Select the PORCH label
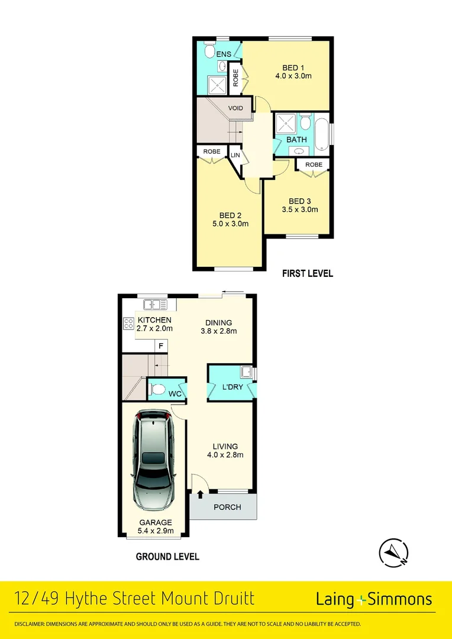227,507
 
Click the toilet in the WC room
158,390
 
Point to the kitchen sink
156,305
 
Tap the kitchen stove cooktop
128,324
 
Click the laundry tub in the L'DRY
246,372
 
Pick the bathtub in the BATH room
321,135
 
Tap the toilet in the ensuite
209,51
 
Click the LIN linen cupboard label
235,156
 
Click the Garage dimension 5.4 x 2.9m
156,531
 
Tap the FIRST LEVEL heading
308,273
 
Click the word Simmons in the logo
400,599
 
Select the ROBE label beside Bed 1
235,79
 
